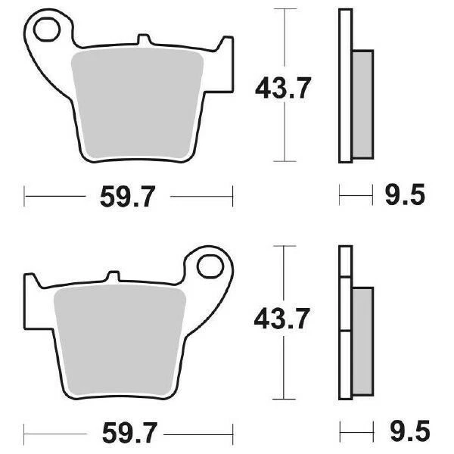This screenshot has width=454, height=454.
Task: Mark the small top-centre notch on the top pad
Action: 145,39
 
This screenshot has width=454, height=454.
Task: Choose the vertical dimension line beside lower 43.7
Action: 284,272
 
